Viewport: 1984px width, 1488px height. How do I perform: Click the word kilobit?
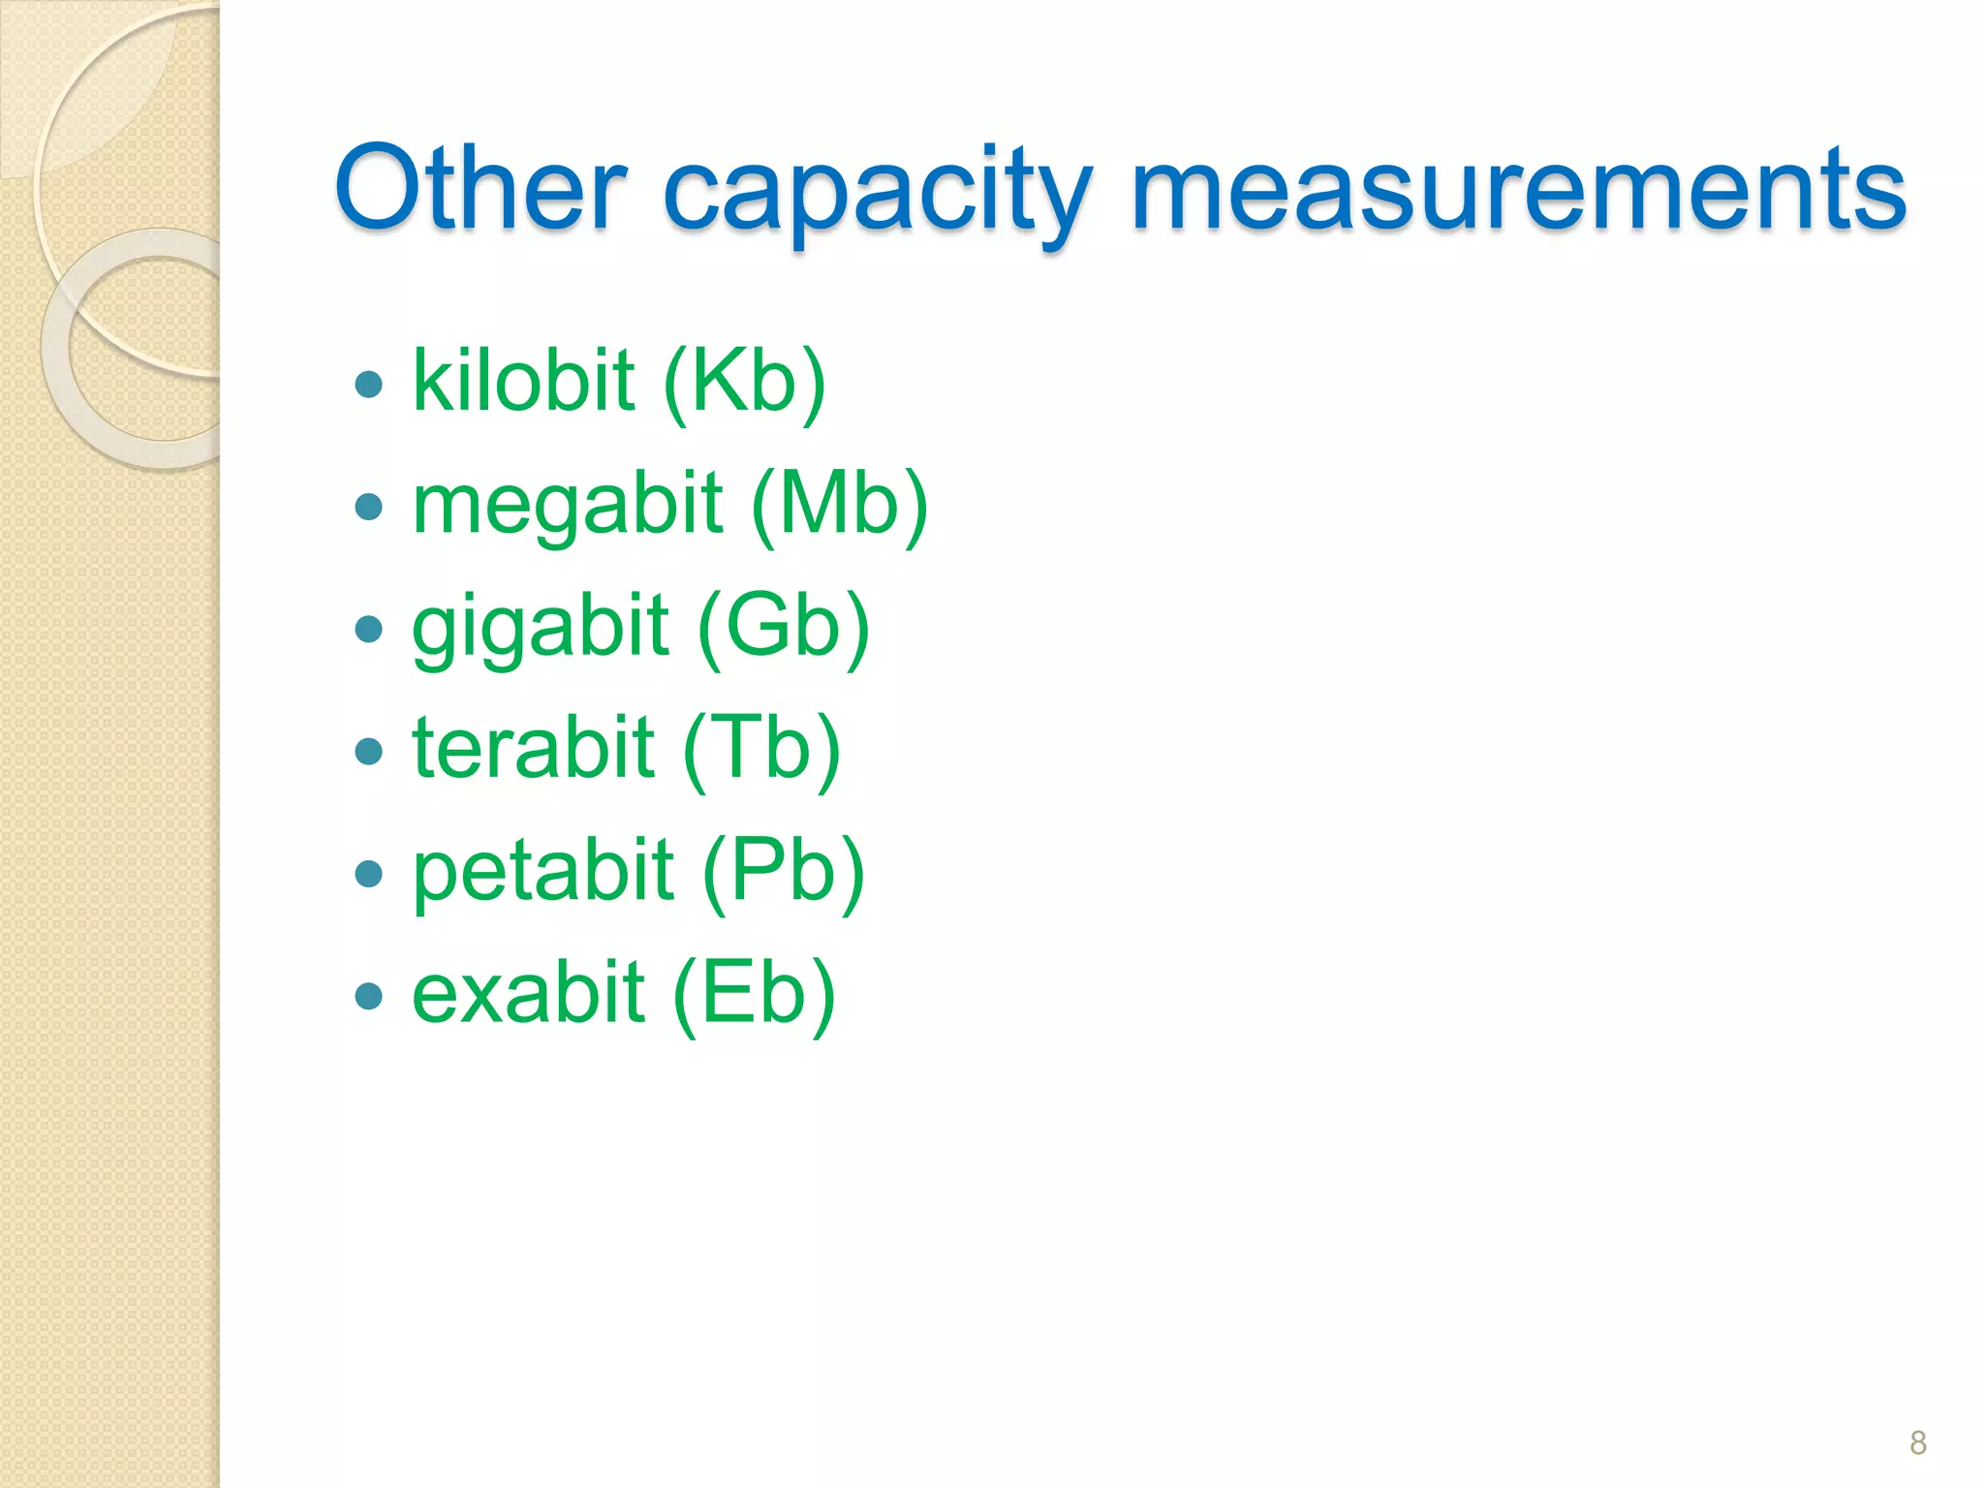pos(523,381)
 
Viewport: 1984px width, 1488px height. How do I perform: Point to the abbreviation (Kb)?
pos(745,383)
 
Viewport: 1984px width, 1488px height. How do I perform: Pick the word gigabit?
pos(540,628)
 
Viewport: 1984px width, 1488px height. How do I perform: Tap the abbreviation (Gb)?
pos(783,628)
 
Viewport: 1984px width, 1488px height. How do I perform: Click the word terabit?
pos(533,748)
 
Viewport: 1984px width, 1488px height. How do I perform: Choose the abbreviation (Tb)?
pos(761,750)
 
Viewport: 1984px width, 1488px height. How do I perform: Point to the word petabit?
pos(542,872)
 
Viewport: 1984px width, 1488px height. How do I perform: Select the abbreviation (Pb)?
pos(783,872)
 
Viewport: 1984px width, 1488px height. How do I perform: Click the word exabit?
pos(528,993)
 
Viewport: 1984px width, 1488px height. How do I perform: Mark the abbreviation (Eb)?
pos(754,995)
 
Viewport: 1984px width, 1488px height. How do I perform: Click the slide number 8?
pos(1917,1442)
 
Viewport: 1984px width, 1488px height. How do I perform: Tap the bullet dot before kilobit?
pos(369,385)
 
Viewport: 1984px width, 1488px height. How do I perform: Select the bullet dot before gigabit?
pos(369,630)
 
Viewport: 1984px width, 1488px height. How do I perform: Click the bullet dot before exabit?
pos(369,996)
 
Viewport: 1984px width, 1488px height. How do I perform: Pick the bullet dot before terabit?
pos(369,752)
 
